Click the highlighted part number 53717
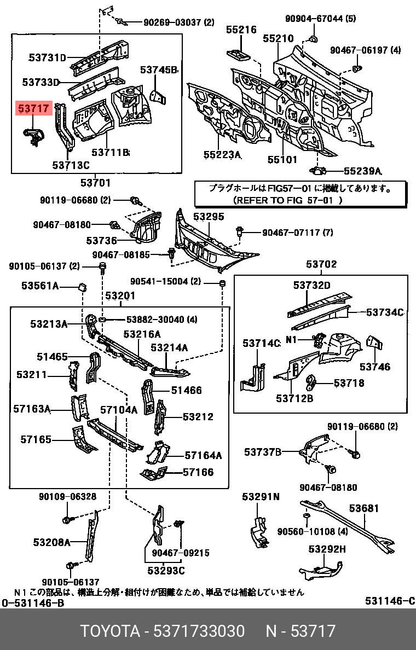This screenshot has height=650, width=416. click(33, 109)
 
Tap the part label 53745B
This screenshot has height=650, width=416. click(158, 69)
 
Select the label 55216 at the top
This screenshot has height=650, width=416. click(241, 30)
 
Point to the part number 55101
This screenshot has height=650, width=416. click(282, 159)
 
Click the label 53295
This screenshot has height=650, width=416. click(209, 216)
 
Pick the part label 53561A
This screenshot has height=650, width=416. click(40, 286)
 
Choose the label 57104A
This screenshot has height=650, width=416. click(119, 410)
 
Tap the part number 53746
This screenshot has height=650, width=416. click(375, 367)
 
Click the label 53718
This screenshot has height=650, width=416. click(349, 383)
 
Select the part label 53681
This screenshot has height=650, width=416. click(364, 508)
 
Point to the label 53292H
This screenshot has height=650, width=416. click(327, 549)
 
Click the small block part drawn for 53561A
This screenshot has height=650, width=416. click(82, 286)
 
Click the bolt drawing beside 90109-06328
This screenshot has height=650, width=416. click(67, 519)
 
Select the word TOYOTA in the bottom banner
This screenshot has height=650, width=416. click(110, 631)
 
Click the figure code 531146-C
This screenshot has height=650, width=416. click(390, 601)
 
